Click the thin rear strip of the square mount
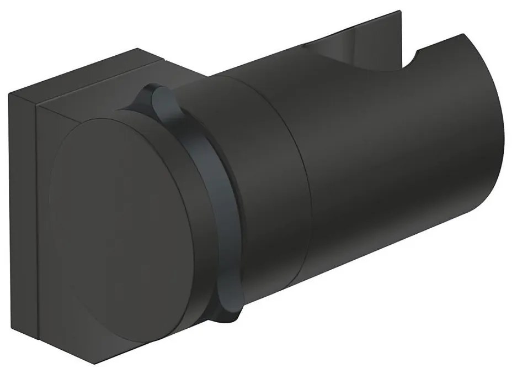(22, 221)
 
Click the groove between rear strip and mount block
(36, 221)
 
